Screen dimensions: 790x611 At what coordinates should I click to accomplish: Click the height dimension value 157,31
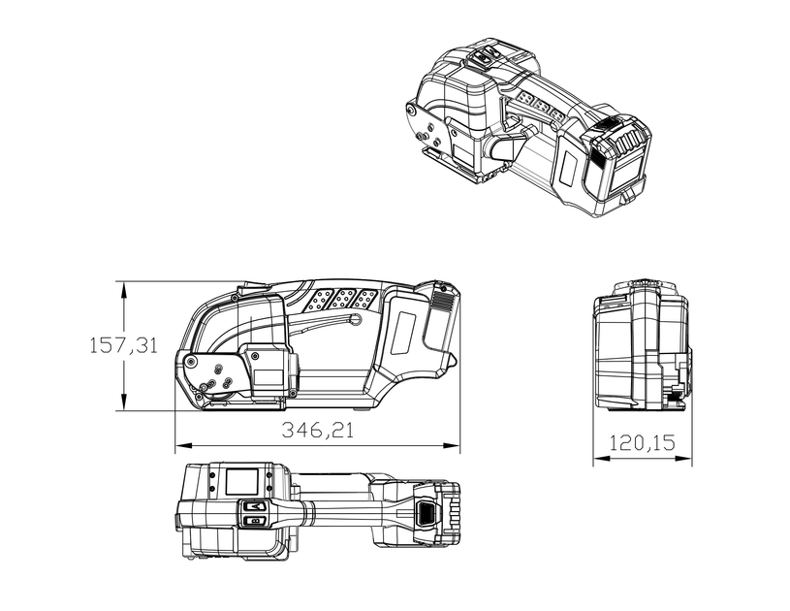click(x=123, y=346)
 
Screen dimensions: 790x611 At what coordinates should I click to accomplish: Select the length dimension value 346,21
click(x=317, y=430)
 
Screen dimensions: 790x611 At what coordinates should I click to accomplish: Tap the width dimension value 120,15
click(x=643, y=442)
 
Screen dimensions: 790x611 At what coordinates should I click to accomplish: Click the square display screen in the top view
click(x=241, y=481)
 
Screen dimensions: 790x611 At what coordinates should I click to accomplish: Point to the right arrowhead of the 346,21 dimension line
click(x=452, y=446)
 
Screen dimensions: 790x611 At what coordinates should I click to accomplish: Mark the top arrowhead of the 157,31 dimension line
click(x=123, y=290)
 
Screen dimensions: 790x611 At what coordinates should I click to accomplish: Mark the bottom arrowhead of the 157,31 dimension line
click(x=123, y=402)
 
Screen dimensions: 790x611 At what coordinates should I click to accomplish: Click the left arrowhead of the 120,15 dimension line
click(x=602, y=458)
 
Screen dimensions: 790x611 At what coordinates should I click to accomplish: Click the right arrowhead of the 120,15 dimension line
click(x=683, y=458)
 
